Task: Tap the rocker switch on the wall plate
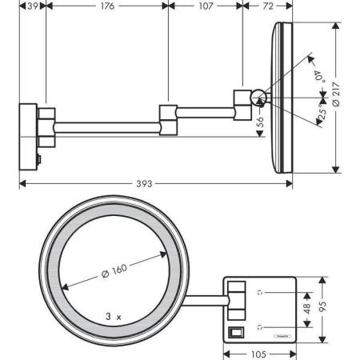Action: click(234, 330)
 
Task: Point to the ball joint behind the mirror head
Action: click(258, 98)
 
